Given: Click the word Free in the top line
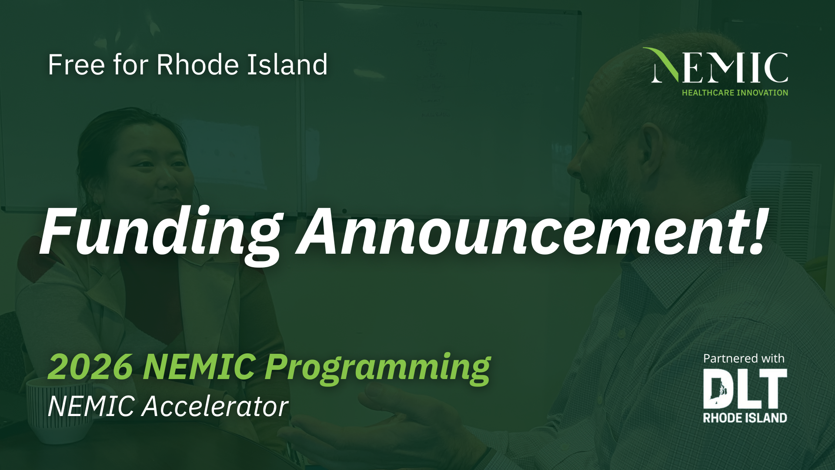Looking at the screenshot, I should tap(76, 65).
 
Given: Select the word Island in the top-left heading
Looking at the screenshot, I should tap(287, 65).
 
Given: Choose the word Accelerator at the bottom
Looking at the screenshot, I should tap(215, 406).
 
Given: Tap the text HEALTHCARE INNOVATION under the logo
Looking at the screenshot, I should tap(735, 93).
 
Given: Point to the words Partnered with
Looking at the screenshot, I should tap(744, 359).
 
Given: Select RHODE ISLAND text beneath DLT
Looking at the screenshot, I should tap(745, 418).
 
